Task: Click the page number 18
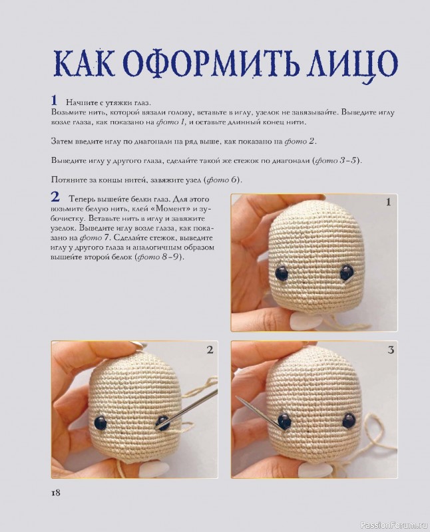(55, 493)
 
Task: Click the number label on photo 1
(387, 203)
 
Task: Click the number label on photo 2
(209, 350)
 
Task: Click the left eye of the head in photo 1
(282, 271)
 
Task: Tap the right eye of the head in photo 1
(346, 271)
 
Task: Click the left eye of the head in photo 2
(100, 421)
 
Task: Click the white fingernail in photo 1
(303, 321)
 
